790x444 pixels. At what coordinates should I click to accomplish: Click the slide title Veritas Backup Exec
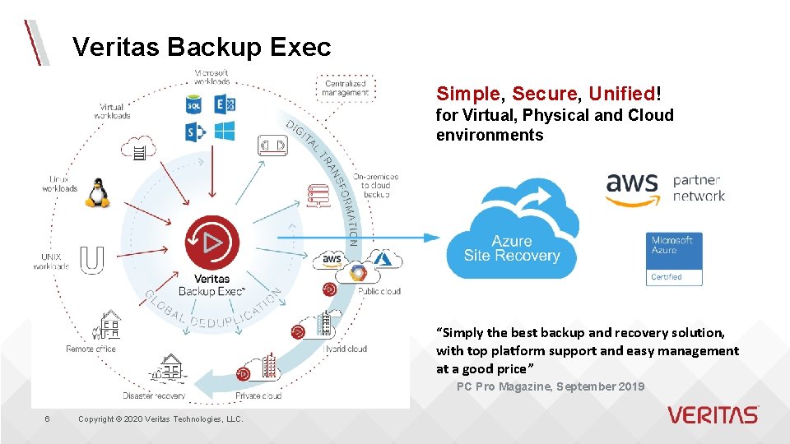tap(201, 47)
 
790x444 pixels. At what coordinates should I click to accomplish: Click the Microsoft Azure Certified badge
tap(674, 259)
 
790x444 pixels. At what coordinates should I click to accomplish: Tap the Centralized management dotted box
tap(346, 88)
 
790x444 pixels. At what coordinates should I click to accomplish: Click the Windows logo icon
tap(224, 131)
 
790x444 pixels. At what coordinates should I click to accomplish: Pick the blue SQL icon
tap(194, 105)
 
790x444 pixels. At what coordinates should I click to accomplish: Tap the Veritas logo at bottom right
tap(713, 414)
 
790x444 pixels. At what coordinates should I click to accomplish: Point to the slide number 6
tap(47, 419)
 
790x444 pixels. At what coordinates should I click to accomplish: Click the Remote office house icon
tap(109, 326)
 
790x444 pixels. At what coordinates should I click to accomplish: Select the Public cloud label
tap(379, 291)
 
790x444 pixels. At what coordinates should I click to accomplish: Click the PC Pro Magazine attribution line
tap(551, 386)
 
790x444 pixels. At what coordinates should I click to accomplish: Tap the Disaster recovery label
tap(154, 395)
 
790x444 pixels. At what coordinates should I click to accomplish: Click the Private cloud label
tap(258, 395)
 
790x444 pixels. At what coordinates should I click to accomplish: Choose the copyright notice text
tap(160, 419)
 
